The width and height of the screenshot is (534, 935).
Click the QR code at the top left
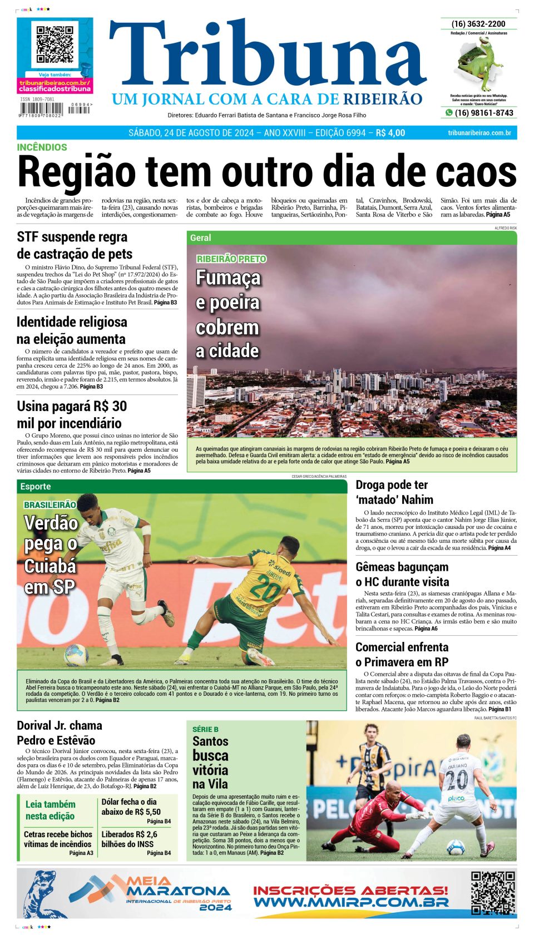tap(55, 44)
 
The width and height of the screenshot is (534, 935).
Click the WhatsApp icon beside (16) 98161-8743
tap(448, 113)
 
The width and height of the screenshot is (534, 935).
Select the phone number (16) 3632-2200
tap(478, 24)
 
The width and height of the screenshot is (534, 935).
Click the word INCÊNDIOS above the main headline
tap(42, 147)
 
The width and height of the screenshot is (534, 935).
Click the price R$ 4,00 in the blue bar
tap(390, 133)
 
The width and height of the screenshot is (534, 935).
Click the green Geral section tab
tap(201, 238)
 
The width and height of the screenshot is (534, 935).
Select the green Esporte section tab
tap(36, 486)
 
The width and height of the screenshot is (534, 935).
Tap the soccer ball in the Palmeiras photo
tap(76, 655)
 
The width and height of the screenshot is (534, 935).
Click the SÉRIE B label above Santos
tap(205, 729)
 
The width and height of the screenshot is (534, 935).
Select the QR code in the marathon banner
tap(492, 893)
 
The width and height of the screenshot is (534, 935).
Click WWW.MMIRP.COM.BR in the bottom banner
tap(350, 902)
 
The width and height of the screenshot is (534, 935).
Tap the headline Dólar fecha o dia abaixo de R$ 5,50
tap(131, 807)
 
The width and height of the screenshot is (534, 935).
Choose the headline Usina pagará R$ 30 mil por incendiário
tap(72, 414)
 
